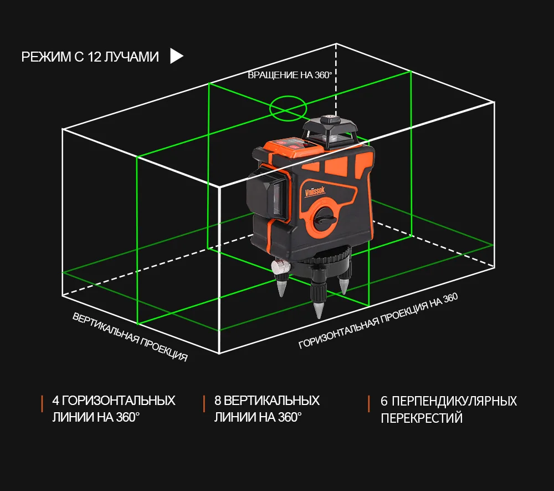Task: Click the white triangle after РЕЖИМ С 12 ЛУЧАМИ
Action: point(176,56)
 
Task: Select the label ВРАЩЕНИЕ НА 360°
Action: point(290,75)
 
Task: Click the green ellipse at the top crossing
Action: point(288,108)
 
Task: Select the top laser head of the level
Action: point(331,131)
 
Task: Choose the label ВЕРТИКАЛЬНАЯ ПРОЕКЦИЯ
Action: point(130,337)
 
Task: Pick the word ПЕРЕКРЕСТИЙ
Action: point(421,418)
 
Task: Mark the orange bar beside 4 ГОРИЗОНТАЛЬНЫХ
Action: point(42,404)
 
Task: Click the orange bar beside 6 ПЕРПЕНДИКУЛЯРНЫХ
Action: point(368,404)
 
